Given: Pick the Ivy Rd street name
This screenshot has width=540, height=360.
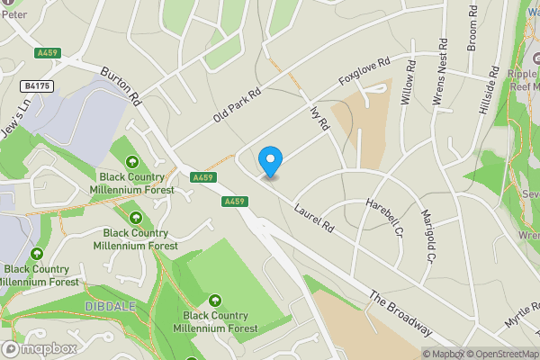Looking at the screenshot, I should click(320, 120).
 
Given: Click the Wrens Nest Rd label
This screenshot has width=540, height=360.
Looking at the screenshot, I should click(440, 72).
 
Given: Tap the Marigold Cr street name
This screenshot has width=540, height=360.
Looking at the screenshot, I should click(430, 237).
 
